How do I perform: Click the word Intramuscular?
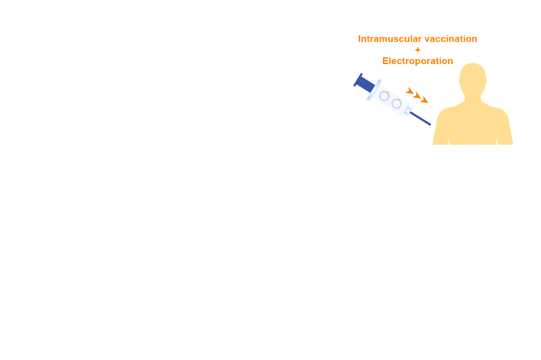pos(390,39)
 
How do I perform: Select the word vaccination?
pos(451,39)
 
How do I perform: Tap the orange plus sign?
pos(417,50)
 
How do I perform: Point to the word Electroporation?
pos(417,61)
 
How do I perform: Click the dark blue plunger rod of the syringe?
pos(366,84)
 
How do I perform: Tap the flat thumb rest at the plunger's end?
pos(358,80)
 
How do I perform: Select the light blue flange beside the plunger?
pos(374,90)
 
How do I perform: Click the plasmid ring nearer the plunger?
pos(384,96)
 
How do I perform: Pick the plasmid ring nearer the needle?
pos(396,104)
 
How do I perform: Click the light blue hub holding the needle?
pos(408,111)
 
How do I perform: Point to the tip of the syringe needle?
pos(431,125)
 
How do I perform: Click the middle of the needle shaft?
pos(420,119)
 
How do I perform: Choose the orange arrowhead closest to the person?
pos(424,100)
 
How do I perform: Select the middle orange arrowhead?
pos(417,95)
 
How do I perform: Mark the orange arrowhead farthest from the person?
pos(410,91)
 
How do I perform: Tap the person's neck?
pos(472,99)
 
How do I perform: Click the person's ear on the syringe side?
pos(460,81)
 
